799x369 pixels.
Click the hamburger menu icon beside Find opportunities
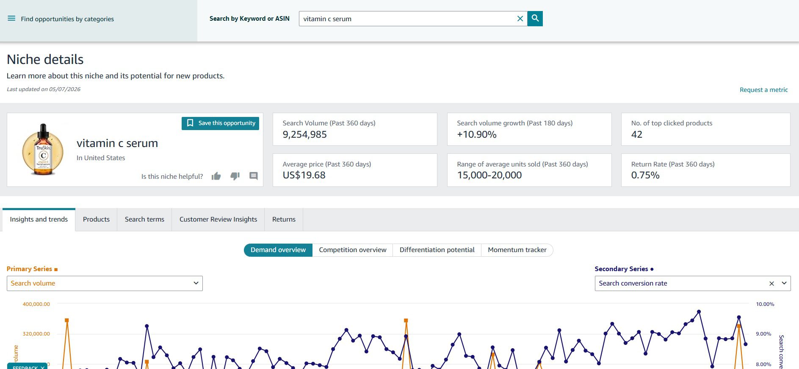[11, 19]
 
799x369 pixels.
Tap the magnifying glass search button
[535, 19]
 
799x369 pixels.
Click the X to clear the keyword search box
[520, 19]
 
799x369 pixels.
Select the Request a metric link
[763, 90]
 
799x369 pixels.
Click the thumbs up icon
[216, 176]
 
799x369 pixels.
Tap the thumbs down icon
[235, 176]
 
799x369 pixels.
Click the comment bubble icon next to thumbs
[254, 176]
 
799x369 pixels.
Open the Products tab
[96, 219]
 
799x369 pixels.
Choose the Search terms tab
[144, 219]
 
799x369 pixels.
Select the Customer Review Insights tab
[218, 219]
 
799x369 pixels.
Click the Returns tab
[284, 219]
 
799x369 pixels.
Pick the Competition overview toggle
[353, 250]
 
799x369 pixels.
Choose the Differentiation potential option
[437, 250]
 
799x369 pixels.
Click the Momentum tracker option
[517, 250]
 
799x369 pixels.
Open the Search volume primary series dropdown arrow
[196, 283]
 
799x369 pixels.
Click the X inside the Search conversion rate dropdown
[771, 283]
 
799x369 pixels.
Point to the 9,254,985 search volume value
[305, 135]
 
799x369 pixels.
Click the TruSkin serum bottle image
[43, 150]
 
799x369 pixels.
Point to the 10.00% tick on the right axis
[765, 304]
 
